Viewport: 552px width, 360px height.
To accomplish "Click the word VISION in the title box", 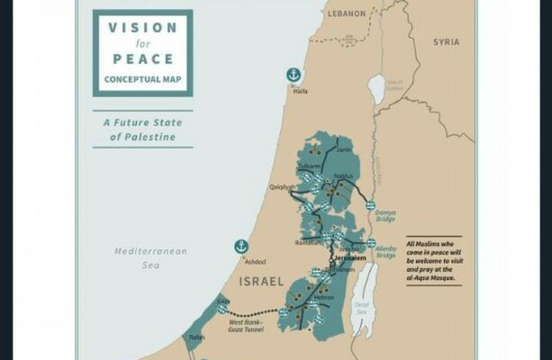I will [142, 28].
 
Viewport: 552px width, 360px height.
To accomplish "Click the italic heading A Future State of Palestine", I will [142, 130].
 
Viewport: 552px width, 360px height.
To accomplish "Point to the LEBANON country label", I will [345, 13].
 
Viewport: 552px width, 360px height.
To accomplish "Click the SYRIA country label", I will [445, 42].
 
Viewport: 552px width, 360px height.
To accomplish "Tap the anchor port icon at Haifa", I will [293, 74].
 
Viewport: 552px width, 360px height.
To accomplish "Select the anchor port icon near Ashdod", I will [241, 246].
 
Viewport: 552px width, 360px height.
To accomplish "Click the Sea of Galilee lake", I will [376, 87].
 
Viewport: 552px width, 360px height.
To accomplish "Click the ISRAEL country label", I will [260, 281].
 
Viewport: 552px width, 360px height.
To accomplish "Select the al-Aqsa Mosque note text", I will [433, 261].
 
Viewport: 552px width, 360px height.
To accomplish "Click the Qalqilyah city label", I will [282, 187].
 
